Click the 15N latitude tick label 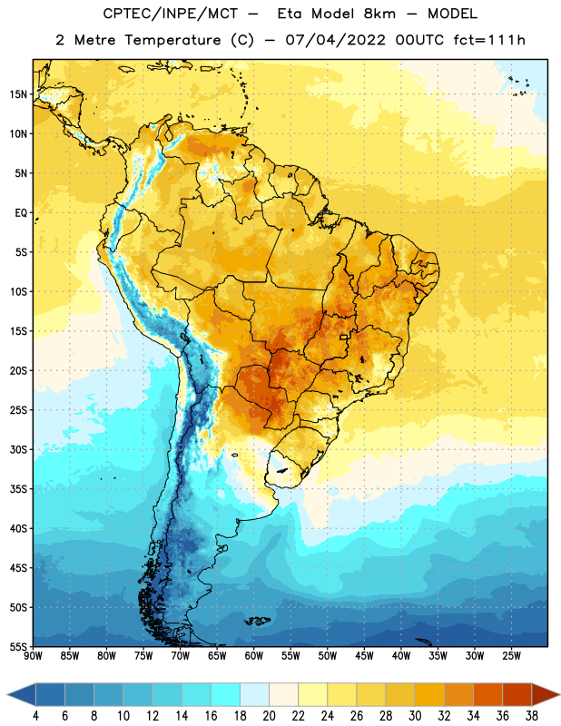(18, 94)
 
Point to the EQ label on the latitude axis (21, 213)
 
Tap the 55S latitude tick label (18, 646)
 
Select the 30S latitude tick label (18, 449)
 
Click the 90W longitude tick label (33, 655)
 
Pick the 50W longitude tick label (327, 655)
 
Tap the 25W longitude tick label (511, 655)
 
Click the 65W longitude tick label (217, 655)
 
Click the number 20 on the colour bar (269, 716)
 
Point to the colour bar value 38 (532, 716)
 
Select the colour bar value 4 (35, 716)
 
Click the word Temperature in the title (172, 40)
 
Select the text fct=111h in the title (489, 40)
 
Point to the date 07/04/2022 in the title (335, 40)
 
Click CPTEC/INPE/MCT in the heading (171, 14)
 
